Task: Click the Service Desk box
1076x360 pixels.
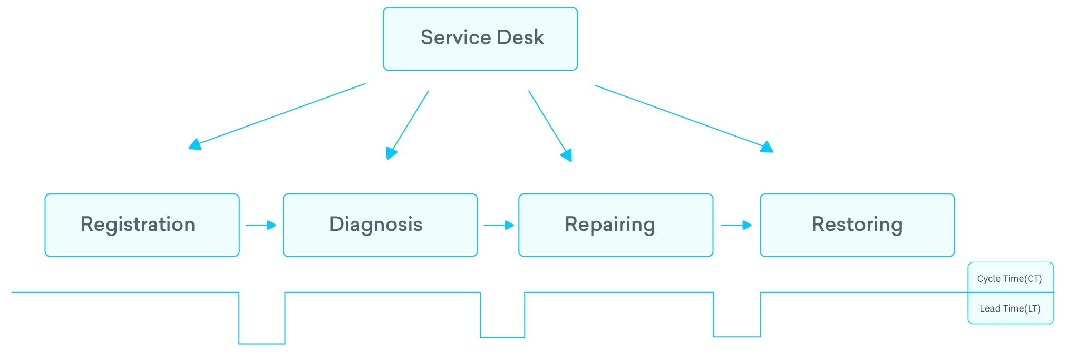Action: [480, 38]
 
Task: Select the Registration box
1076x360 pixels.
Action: [142, 225]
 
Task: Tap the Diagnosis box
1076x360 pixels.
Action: [380, 225]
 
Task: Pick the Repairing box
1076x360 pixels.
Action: [616, 225]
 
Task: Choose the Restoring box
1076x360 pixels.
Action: [857, 225]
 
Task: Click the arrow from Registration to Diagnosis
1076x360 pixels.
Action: [261, 225]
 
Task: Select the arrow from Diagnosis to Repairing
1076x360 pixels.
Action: [499, 225]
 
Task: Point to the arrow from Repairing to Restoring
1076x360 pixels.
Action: [736, 225]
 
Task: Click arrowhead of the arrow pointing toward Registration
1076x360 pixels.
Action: [195, 144]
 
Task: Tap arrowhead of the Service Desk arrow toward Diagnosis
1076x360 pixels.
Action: [391, 153]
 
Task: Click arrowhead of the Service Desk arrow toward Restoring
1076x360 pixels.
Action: [767, 147]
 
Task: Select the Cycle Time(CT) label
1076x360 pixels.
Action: [1010, 278]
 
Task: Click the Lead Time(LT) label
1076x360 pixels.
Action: [1010, 308]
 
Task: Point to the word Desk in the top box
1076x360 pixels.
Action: [520, 37]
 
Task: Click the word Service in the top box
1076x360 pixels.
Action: [456, 37]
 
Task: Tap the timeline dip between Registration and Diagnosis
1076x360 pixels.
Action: [262, 343]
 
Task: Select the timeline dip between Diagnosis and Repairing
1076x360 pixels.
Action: [502, 337]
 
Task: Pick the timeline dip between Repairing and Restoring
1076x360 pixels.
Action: [736, 336]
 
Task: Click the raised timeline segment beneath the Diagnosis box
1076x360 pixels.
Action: [383, 292]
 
